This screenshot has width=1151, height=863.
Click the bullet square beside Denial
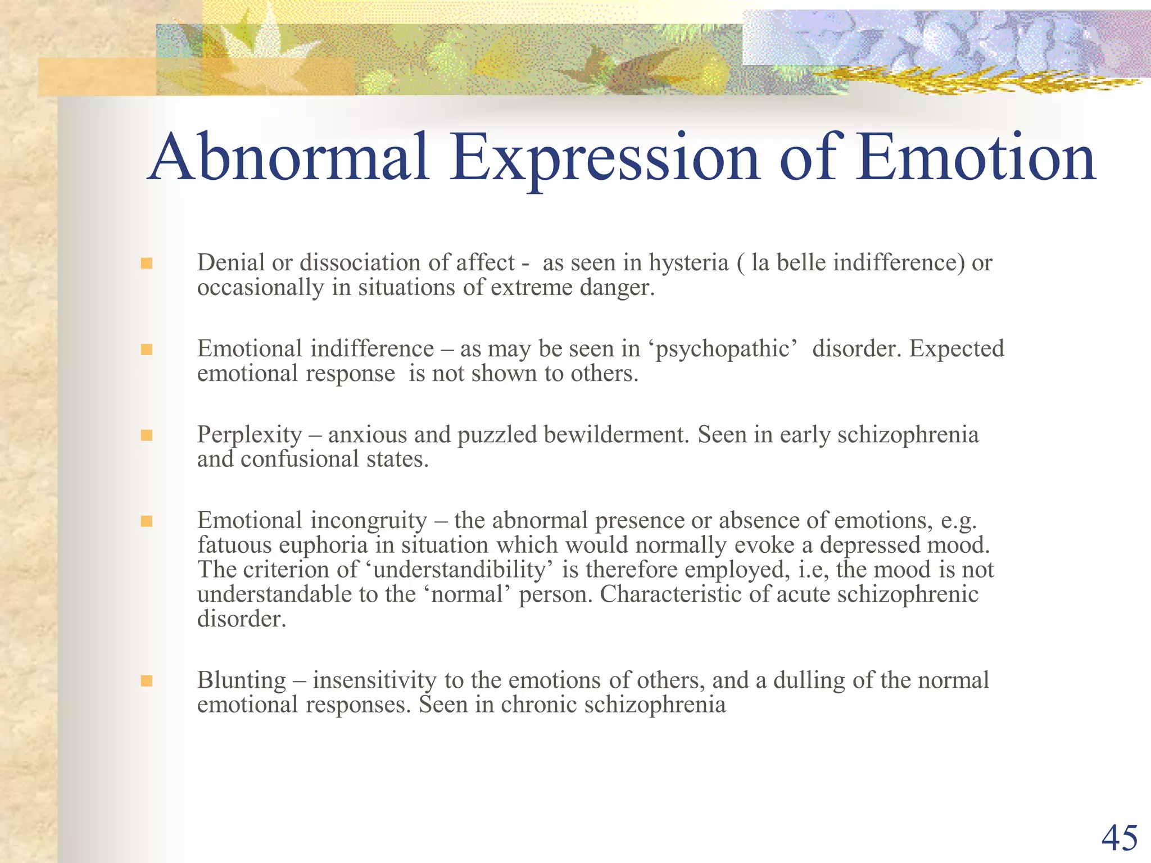pyautogui.click(x=147, y=263)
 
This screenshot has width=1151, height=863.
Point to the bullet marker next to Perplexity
pyautogui.click(x=147, y=435)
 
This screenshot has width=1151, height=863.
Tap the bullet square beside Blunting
pyautogui.click(x=147, y=681)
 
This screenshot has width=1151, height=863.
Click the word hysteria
pyautogui.click(x=688, y=263)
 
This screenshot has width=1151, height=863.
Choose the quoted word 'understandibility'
pyautogui.click(x=460, y=570)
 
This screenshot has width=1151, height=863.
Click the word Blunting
pyautogui.click(x=242, y=680)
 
